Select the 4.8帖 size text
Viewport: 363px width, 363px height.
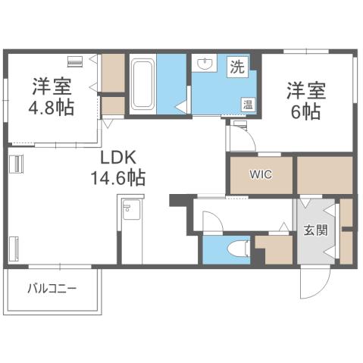click(52, 107)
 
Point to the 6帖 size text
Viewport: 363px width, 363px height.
click(305, 111)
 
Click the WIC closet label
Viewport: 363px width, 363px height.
click(261, 175)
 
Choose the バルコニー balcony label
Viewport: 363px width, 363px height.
click(52, 288)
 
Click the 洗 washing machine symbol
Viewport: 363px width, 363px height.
click(237, 66)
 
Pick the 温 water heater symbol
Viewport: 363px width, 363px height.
click(247, 104)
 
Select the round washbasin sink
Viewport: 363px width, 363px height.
click(203, 64)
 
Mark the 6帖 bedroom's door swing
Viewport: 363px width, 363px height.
click(241, 138)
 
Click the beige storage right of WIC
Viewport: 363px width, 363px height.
click(324, 175)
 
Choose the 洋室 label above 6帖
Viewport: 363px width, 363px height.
click(305, 90)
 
